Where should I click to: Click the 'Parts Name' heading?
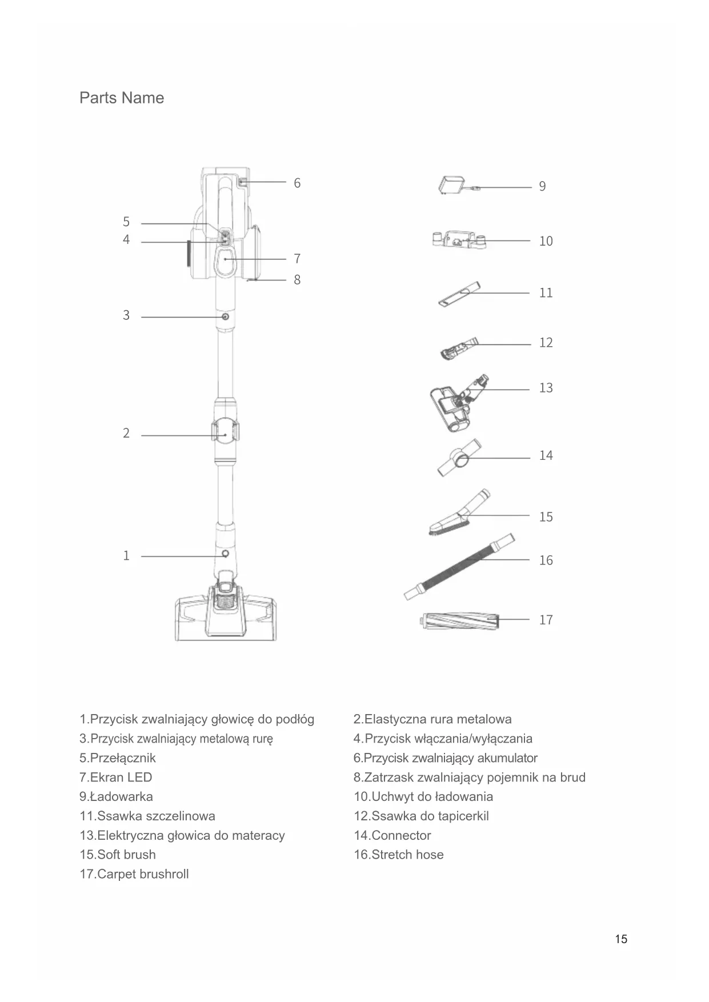tap(121, 98)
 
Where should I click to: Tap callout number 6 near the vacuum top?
tap(297, 183)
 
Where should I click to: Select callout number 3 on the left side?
tap(126, 315)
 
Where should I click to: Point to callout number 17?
tap(546, 620)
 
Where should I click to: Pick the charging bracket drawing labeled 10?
tap(460, 240)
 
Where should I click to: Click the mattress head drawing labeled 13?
tap(454, 403)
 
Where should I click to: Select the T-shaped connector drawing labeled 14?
tap(458, 458)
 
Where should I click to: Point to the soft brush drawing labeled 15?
tap(457, 514)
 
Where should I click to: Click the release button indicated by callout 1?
tap(225, 554)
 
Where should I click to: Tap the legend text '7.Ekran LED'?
tap(115, 777)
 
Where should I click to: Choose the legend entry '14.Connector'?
tap(392, 836)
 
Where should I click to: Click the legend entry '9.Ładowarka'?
tap(116, 797)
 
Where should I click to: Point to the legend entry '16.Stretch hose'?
tap(398, 855)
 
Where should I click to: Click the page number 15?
tap(621, 939)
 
